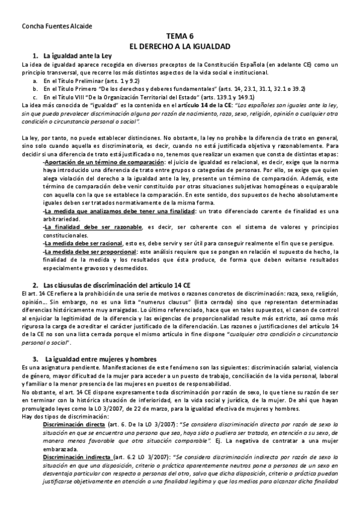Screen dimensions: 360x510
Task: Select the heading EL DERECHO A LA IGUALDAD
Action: [x=180, y=46]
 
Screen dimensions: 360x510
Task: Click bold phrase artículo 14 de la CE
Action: [x=201, y=105]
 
